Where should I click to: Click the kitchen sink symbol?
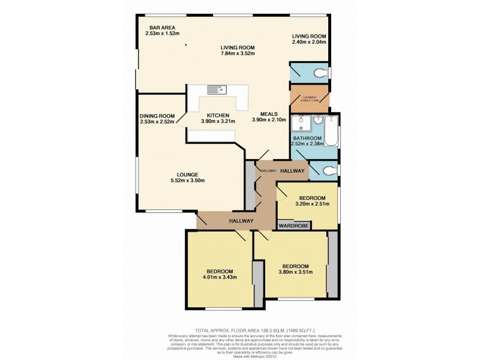pyautogui.click(x=216, y=90)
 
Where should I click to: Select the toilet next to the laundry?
pyautogui.click(x=322, y=73)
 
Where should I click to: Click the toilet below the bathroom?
pyautogui.click(x=326, y=172)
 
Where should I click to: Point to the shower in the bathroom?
pyautogui.click(x=298, y=124)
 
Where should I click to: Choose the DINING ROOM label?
pyautogui.click(x=157, y=116)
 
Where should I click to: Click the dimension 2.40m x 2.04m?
pyautogui.click(x=308, y=42)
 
